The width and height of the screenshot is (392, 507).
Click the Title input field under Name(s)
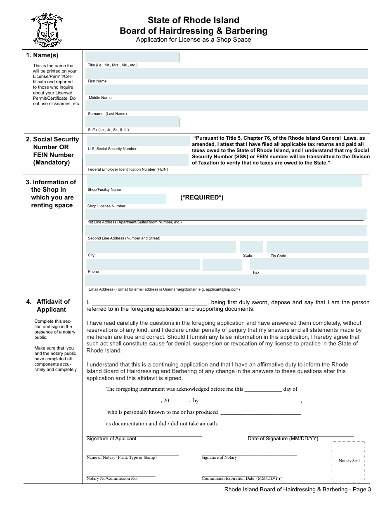(x=132, y=57)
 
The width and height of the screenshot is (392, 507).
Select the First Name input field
(x=226, y=73)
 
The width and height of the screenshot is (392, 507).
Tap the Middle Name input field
(x=226, y=90)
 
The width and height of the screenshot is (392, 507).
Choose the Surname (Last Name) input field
(x=226, y=106)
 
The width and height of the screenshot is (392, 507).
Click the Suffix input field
(x=132, y=122)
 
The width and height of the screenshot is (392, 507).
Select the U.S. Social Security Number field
(x=137, y=141)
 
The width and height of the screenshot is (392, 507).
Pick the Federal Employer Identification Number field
(x=137, y=160)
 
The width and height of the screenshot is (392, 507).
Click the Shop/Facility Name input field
(x=224, y=181)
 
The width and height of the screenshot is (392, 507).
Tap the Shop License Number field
(x=126, y=199)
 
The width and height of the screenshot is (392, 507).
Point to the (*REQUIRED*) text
(x=202, y=197)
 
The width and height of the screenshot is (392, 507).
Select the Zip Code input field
(x=317, y=247)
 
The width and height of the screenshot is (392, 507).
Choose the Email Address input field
(x=226, y=280)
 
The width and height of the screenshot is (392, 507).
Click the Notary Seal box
(x=349, y=461)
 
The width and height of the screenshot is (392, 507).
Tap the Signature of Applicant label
(x=111, y=439)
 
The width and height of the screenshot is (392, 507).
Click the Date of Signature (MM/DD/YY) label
(x=283, y=439)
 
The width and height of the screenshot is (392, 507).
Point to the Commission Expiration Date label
(x=242, y=479)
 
